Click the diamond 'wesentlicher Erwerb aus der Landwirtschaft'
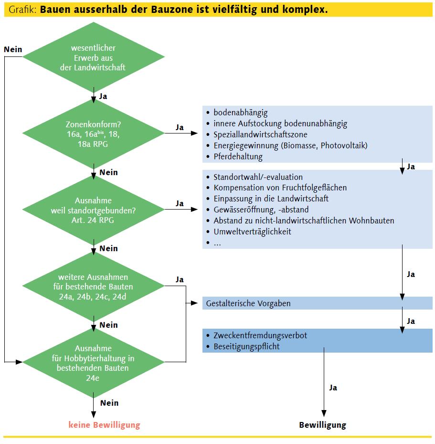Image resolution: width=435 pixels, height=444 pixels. coord(93,58)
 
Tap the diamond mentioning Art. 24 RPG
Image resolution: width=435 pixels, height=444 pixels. coord(93,210)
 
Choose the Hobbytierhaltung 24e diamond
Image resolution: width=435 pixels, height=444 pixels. coord(93,362)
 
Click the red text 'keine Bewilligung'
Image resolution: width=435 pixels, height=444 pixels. coord(105,424)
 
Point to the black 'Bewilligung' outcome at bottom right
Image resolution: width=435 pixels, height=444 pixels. coord(323,425)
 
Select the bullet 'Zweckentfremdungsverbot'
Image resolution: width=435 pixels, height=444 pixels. coord(260,335)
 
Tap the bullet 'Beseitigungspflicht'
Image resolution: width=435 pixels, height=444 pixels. coord(246,346)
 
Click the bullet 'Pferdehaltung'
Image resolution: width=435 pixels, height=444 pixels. coord(238,156)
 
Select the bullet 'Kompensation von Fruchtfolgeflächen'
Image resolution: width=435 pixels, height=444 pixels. coord(280,188)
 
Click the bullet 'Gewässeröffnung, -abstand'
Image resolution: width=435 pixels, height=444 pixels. coord(261,210)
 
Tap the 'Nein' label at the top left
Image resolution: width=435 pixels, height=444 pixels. coord(12,50)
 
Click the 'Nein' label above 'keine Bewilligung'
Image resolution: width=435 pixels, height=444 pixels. coord(109,403)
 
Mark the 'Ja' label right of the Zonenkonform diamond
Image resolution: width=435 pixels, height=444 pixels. coord(180,127)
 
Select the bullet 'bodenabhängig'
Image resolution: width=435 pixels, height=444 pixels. coord(240,112)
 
